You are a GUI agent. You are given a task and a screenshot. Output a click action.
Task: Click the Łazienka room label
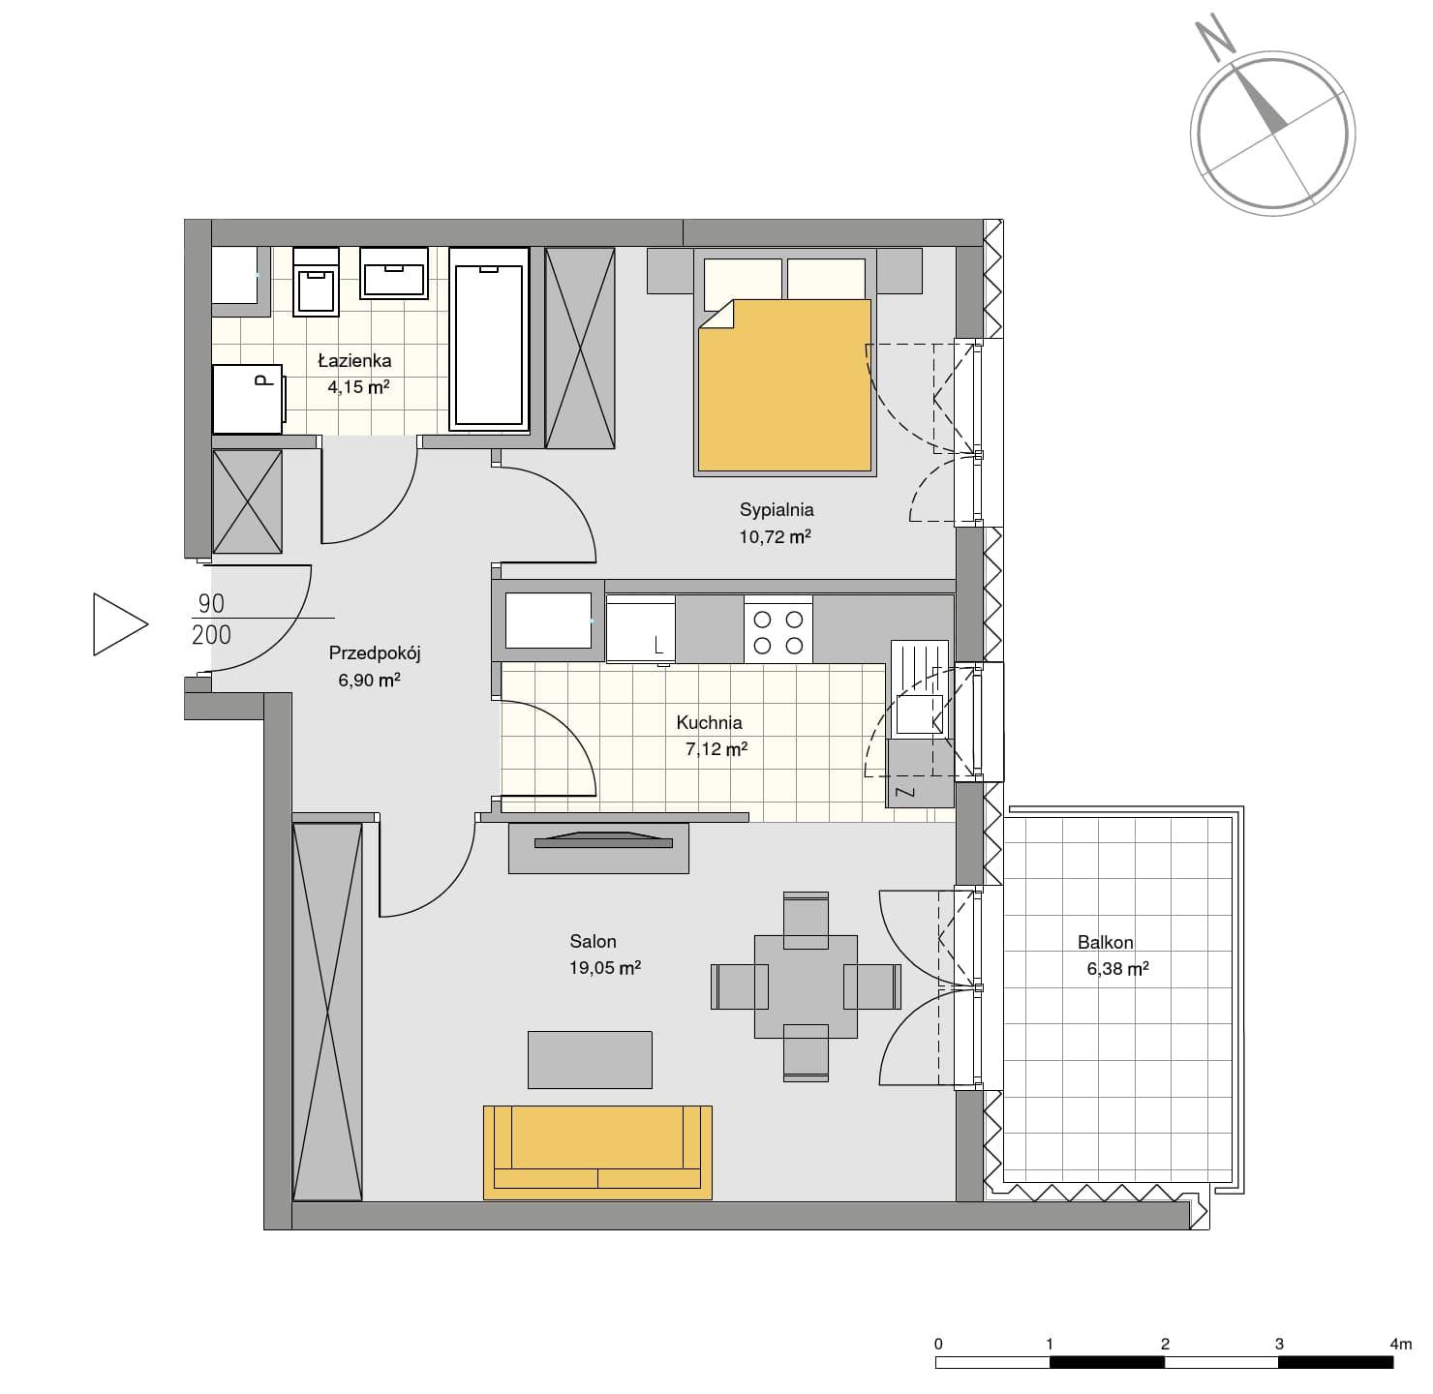point(354,361)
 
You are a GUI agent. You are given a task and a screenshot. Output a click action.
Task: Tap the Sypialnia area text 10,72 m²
point(775,536)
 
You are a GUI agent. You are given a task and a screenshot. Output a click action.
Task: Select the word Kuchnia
point(709,722)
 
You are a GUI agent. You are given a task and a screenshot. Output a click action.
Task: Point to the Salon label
point(593,941)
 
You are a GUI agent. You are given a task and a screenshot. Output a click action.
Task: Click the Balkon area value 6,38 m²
point(1117,969)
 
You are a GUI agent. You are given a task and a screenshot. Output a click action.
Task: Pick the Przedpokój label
point(375,653)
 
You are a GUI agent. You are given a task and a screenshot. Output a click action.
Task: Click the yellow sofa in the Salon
point(597,1152)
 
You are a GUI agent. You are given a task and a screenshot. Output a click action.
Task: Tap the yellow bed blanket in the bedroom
point(785,384)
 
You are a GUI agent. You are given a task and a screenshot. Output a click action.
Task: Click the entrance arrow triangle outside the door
point(119,623)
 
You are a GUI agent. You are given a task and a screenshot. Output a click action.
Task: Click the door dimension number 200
point(211,634)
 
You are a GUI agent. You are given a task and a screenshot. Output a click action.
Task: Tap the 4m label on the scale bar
point(1401,1344)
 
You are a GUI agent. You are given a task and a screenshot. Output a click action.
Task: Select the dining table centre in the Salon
point(806,986)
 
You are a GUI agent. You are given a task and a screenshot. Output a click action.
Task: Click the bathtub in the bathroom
point(489,340)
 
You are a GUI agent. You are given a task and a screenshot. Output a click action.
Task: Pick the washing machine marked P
point(248,399)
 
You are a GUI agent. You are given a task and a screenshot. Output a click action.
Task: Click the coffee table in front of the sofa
point(590,1060)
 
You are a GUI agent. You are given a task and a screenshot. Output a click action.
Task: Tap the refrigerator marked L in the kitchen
point(640,629)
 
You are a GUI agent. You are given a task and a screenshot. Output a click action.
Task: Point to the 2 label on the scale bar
point(1165,1344)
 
